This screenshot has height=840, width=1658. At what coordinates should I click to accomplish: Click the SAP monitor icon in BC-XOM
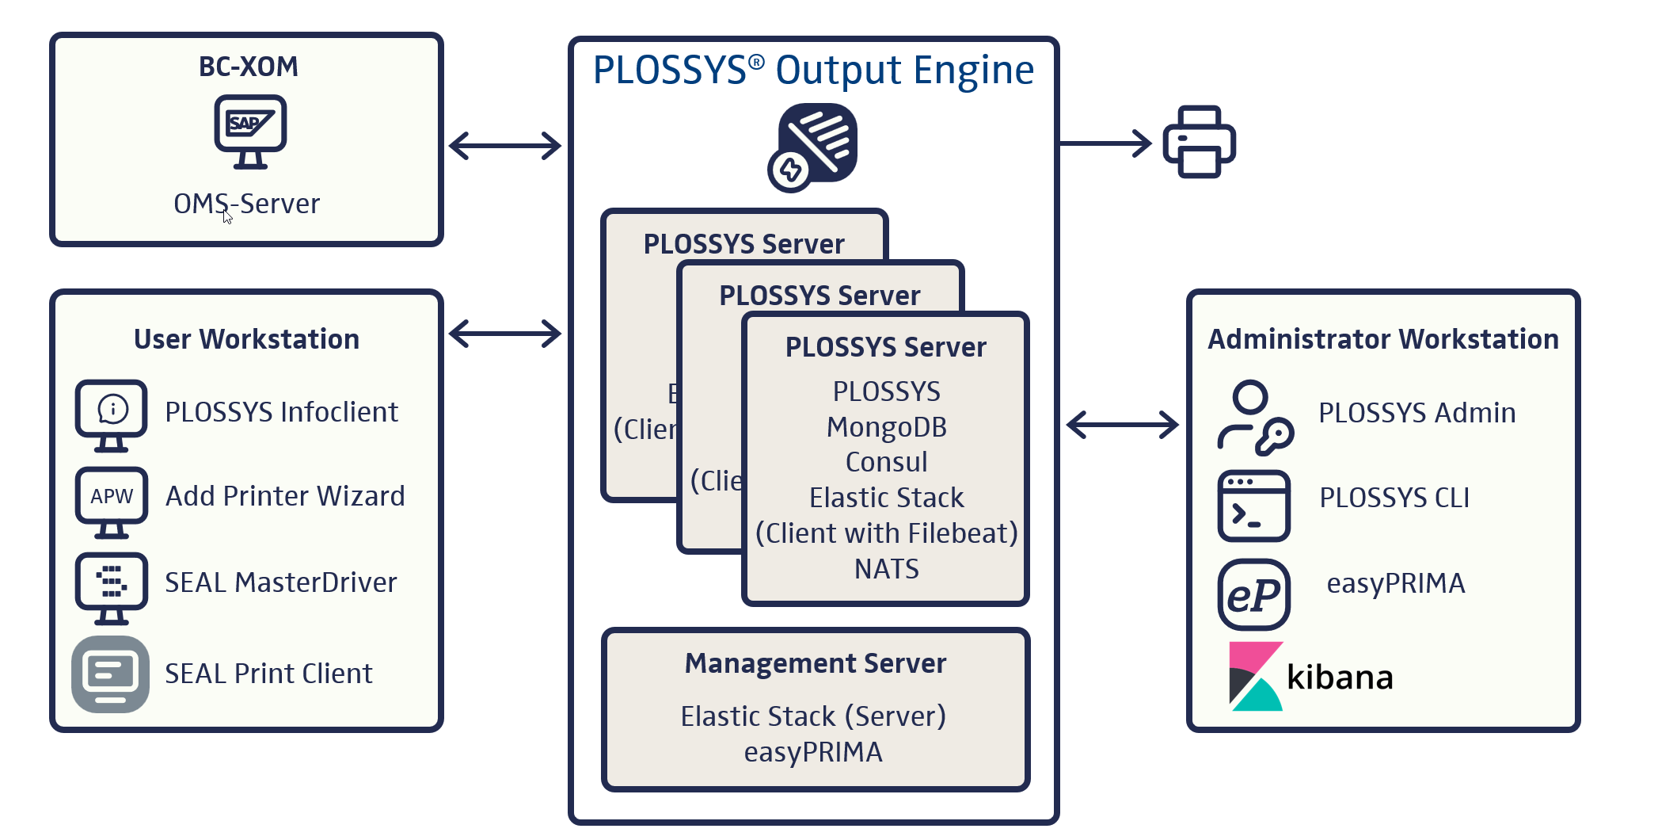(x=250, y=131)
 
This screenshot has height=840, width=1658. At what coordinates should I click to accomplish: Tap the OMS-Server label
(x=246, y=204)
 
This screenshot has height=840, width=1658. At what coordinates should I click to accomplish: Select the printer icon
(x=1199, y=142)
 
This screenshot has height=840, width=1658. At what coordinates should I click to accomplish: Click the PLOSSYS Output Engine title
(x=813, y=70)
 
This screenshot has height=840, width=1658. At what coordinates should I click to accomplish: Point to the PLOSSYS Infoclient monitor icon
(x=111, y=414)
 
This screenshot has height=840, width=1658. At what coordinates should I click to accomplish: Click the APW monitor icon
(x=111, y=501)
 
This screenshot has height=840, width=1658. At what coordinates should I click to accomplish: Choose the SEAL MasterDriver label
(x=280, y=582)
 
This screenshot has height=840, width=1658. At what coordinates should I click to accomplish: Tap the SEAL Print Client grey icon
(x=110, y=674)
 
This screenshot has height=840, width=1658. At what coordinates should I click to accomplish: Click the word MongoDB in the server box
(x=886, y=427)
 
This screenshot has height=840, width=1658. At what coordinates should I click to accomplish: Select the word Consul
(x=886, y=462)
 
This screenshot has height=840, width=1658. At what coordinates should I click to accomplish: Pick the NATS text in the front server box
(x=886, y=569)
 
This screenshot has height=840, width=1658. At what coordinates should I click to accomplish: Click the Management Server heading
(x=815, y=663)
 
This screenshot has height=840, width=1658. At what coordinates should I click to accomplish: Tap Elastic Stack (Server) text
(x=813, y=716)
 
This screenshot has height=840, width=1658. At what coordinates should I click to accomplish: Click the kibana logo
(x=1310, y=676)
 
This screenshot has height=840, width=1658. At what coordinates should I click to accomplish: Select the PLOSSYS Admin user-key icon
(x=1254, y=417)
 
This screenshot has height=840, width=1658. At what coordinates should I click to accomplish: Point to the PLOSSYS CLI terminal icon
(x=1253, y=506)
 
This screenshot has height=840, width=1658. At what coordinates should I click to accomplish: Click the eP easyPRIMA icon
(x=1253, y=594)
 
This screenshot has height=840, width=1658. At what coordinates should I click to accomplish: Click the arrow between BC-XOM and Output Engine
(x=505, y=146)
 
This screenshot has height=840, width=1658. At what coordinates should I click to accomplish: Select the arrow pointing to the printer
(x=1106, y=143)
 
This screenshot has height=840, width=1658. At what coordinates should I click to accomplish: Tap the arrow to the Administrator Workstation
(x=1122, y=425)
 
